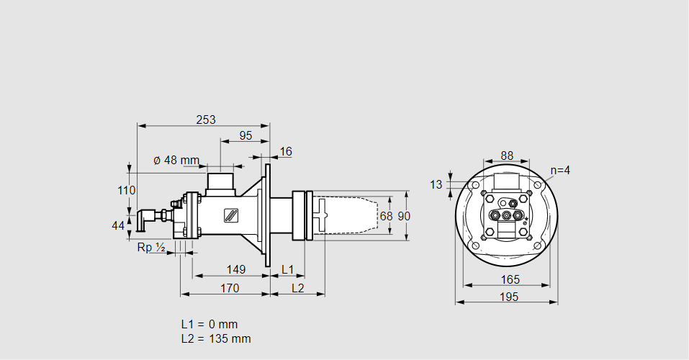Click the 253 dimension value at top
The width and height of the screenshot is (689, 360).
tap(206, 120)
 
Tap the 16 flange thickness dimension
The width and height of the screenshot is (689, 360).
tap(286, 151)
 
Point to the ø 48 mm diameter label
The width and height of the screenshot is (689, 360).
tap(176, 160)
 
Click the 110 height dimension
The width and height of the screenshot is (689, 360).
tap(127, 191)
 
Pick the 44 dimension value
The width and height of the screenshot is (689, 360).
tap(118, 226)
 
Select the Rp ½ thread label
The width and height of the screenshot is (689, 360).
tap(151, 248)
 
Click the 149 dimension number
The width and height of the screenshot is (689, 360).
tap(235, 270)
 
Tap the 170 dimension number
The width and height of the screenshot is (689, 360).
tap(230, 288)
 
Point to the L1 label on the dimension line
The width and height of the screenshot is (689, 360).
tap(287, 270)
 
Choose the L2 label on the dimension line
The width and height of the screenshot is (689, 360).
tap(297, 288)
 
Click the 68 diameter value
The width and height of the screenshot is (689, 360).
tap(386, 216)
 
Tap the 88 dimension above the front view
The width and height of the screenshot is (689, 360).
tap(507, 156)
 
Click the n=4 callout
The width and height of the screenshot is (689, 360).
tap(560, 171)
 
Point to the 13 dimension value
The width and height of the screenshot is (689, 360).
tap(436, 184)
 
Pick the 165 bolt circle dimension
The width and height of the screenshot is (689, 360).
tap(507, 279)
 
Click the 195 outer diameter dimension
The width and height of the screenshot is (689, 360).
tap(507, 297)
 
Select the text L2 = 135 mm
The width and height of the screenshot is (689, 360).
tap(216, 338)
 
